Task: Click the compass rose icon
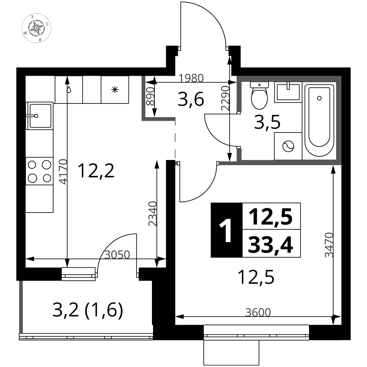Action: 36,28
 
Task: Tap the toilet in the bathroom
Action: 259,95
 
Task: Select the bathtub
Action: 319,121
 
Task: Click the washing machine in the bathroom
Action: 288,146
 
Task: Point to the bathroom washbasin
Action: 288,92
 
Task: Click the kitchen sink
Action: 40,116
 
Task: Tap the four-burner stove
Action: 39,171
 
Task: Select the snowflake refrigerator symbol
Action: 115,90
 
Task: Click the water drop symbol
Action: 69,90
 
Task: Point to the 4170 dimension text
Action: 63,172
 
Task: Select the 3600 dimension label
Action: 258,312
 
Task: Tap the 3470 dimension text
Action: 329,245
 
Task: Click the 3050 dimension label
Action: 117,255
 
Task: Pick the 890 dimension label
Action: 150,96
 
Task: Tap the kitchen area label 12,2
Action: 96,171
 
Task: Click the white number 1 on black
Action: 226,230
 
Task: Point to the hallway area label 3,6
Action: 191,99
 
